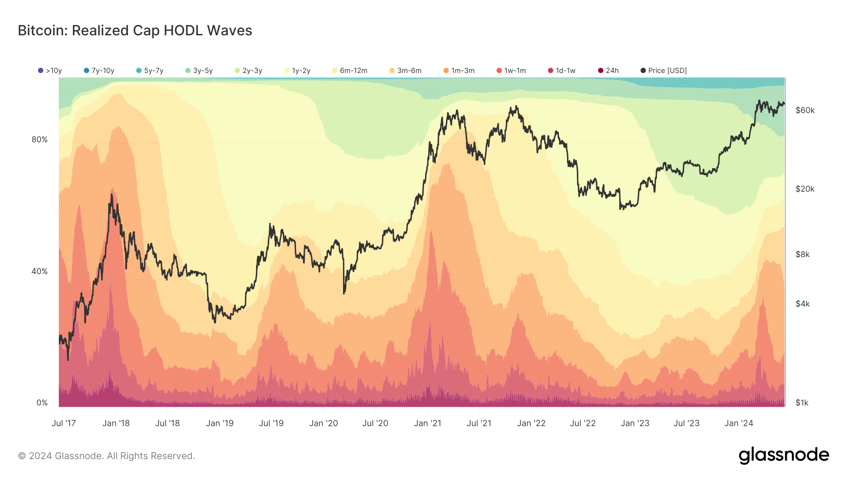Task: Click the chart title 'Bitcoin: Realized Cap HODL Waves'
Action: [x=135, y=31]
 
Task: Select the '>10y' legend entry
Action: [x=50, y=71]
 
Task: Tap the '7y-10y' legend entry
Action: [x=99, y=71]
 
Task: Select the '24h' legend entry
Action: [x=608, y=71]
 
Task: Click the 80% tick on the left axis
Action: [x=40, y=139]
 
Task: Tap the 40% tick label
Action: [x=40, y=271]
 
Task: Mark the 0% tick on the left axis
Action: [x=42, y=403]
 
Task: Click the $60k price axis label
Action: [x=805, y=110]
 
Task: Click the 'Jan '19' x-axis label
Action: [x=220, y=423]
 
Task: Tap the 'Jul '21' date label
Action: [x=479, y=423]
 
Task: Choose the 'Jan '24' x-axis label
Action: [x=739, y=423]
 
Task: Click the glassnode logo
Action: [x=783, y=455]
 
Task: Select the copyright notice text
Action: [x=106, y=456]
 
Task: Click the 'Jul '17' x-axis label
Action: [x=64, y=423]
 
